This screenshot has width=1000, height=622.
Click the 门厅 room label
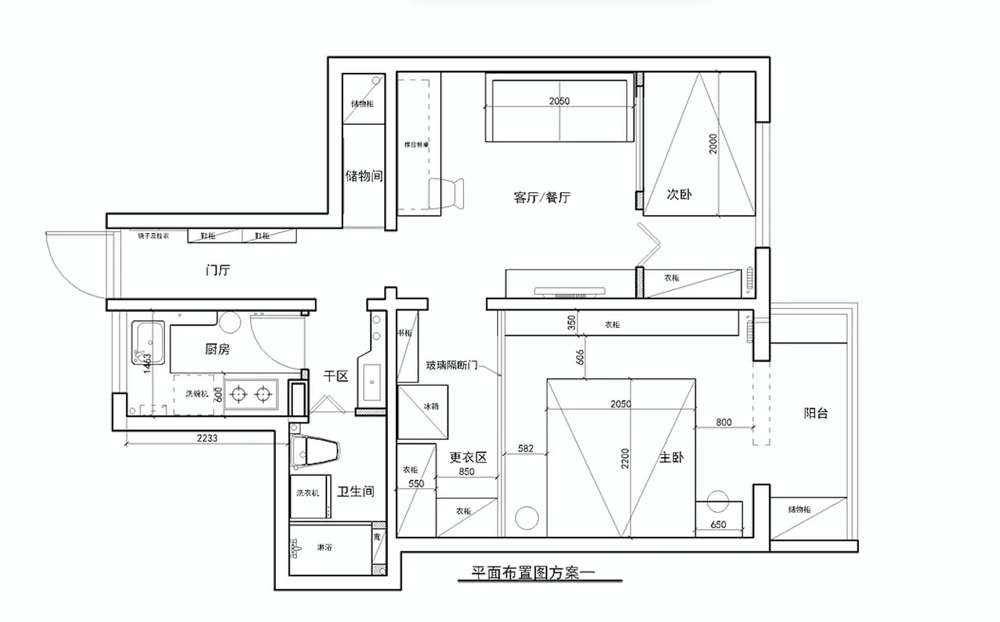tap(218, 270)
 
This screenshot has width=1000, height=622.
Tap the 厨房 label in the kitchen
tap(217, 349)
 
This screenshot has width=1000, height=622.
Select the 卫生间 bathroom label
tap(356, 491)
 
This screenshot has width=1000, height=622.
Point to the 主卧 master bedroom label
tap(671, 457)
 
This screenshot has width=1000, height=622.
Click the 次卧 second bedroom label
tap(679, 194)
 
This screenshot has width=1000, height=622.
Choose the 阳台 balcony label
tap(816, 413)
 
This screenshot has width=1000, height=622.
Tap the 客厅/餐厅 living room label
tap(542, 197)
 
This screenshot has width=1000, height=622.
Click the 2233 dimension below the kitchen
tap(207, 438)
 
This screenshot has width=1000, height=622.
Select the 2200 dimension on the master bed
tap(625, 458)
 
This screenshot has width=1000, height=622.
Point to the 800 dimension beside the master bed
tap(724, 422)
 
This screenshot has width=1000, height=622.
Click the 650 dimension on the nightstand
tap(718, 524)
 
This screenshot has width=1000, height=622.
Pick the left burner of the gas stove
tap(238, 394)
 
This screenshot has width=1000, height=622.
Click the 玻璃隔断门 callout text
tap(452, 365)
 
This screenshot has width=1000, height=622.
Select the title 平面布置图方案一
tap(533, 573)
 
